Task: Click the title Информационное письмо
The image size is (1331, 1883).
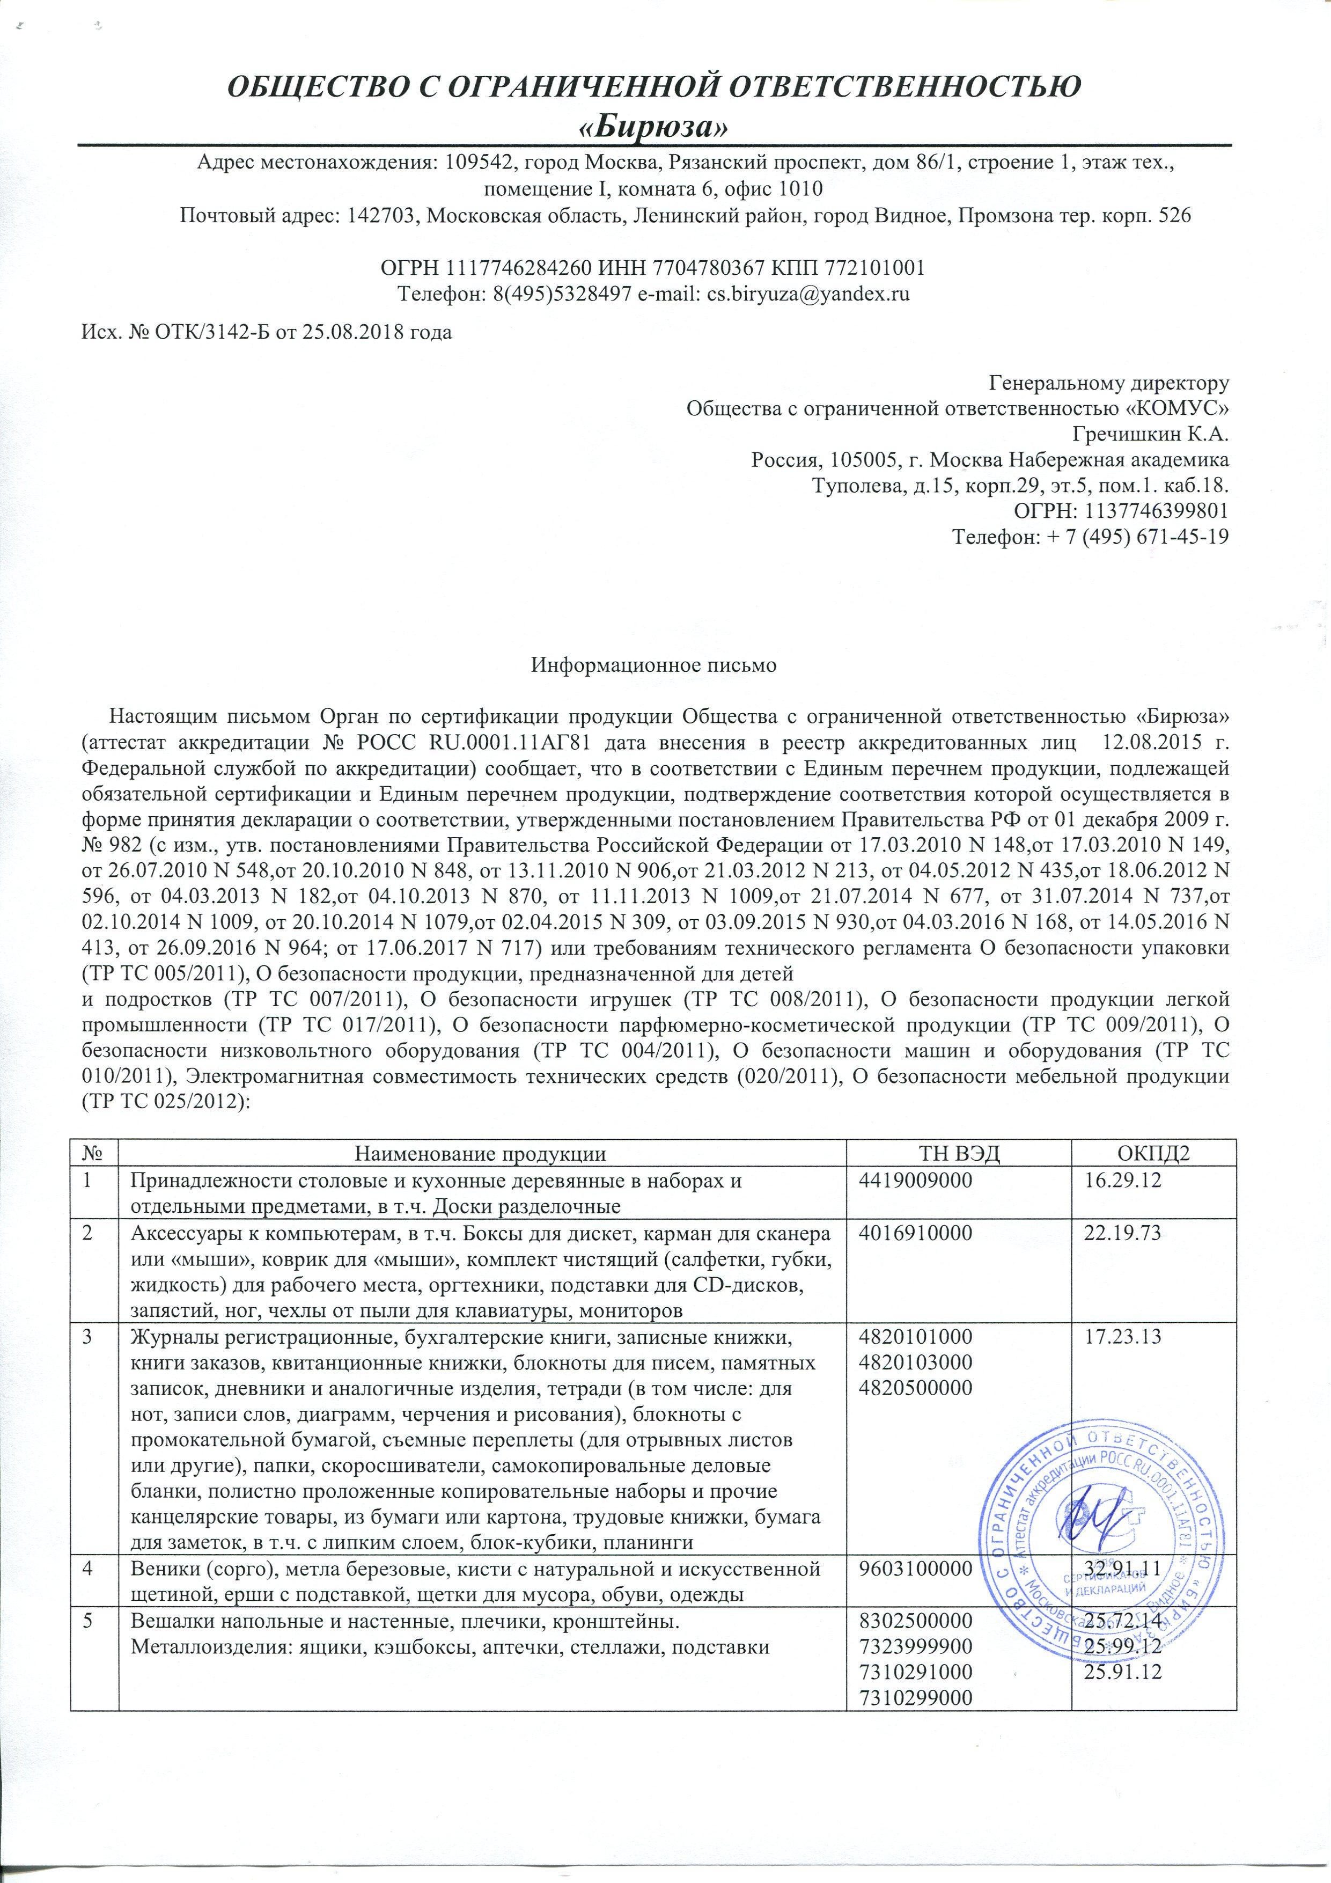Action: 653,666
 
